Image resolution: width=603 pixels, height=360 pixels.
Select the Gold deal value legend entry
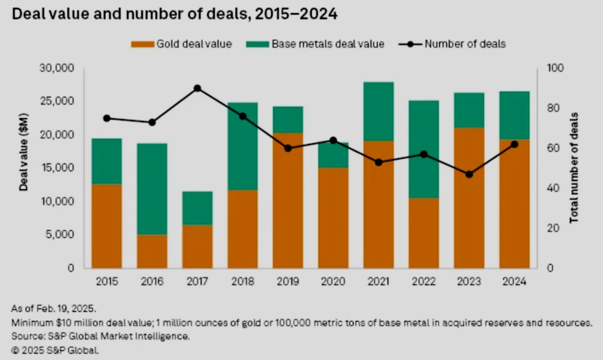pyautogui.click(x=181, y=44)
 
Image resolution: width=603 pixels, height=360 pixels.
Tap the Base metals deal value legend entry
pyautogui.click(x=315, y=44)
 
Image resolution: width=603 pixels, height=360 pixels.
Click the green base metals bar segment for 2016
pyautogui.click(x=152, y=189)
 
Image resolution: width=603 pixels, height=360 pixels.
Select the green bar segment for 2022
pyautogui.click(x=424, y=149)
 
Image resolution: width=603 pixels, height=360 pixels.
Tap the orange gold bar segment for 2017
pyautogui.click(x=197, y=246)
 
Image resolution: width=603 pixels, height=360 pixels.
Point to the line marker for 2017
pyautogui.click(x=197, y=88)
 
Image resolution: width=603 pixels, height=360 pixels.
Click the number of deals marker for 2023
pyautogui.click(x=469, y=174)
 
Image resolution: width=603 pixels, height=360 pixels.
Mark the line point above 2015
pyautogui.click(x=107, y=118)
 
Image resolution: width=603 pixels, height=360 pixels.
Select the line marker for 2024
pyautogui.click(x=514, y=144)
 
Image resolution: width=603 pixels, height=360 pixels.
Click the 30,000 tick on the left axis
pyautogui.click(x=57, y=68)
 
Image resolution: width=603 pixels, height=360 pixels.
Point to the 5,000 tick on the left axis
pyautogui.click(x=60, y=235)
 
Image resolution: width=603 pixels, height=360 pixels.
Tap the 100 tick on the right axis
pyautogui.click(x=553, y=68)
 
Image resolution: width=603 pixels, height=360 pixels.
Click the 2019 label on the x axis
pyautogui.click(x=287, y=281)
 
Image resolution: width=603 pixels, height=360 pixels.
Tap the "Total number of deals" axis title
pyautogui.click(x=574, y=167)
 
